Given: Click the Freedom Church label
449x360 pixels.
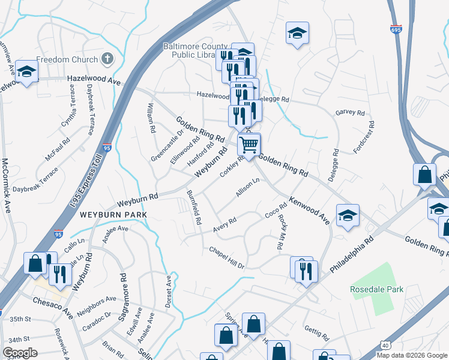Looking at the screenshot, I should tap(67, 59).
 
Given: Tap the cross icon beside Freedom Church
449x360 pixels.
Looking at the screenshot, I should tap(107, 59).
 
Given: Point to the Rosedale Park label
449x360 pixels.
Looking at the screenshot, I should tap(378, 289).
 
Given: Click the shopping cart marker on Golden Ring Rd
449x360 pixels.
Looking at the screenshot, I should tap(249, 144).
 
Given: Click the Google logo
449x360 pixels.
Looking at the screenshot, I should tap(20, 353).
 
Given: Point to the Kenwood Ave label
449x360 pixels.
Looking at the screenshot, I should tap(309, 210).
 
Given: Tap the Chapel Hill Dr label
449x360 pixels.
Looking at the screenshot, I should tap(227, 257).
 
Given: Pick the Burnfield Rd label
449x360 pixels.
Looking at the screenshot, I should tap(193, 208).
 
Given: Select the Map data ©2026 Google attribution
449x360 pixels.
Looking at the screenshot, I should tap(412, 355).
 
